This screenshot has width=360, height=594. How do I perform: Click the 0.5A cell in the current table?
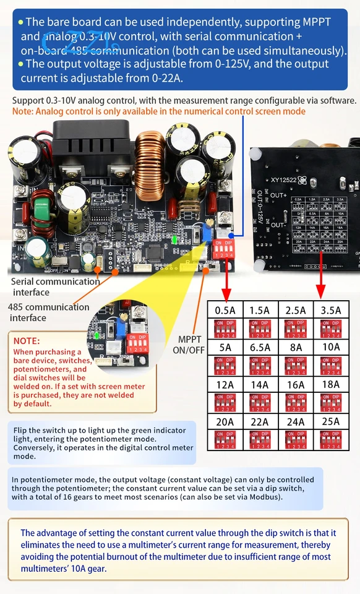[x=225, y=309]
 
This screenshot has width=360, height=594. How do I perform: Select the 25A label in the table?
[x=331, y=421]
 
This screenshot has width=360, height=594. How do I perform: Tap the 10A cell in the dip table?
[x=331, y=346]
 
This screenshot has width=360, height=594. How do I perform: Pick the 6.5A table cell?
[x=260, y=346]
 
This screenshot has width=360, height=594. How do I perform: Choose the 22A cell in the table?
[x=260, y=421]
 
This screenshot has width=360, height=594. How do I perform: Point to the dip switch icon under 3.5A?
[x=331, y=327]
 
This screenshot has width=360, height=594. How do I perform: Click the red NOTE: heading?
[x=27, y=340]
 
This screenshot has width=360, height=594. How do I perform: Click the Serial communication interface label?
[x=55, y=286]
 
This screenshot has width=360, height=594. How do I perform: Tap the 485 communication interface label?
[x=48, y=312]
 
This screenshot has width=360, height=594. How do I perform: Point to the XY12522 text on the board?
[x=287, y=181]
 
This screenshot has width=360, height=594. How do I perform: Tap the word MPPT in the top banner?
[x=315, y=22]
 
